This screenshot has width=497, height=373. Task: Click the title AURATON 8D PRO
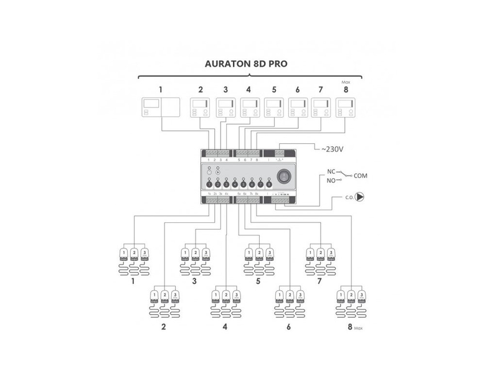(x=247, y=64)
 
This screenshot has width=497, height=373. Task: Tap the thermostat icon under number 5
(x=273, y=108)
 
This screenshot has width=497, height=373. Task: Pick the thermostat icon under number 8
(x=346, y=108)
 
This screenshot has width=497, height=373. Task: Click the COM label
(x=361, y=176)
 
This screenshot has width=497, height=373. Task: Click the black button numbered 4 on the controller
(x=235, y=184)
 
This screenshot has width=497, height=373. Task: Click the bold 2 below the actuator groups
(x=164, y=326)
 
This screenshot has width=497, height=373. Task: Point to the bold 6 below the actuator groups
(x=289, y=326)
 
